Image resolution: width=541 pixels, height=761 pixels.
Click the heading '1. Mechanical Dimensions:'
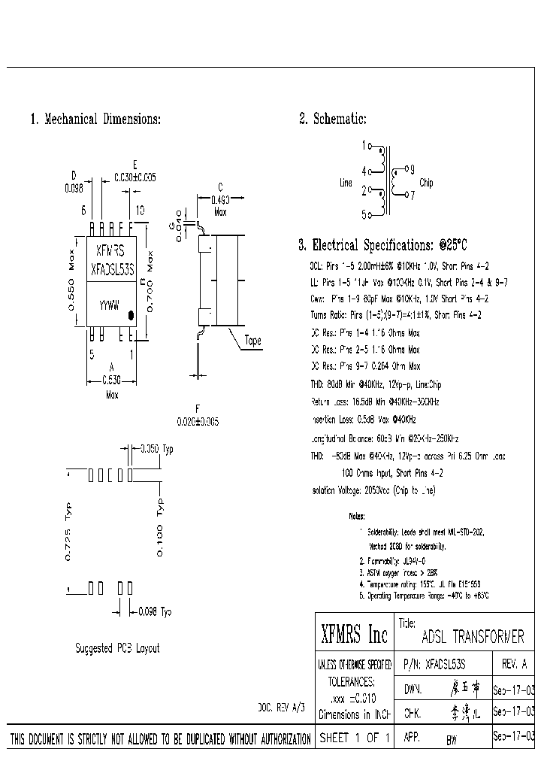tap(95, 119)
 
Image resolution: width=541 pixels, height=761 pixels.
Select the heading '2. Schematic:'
tap(332, 119)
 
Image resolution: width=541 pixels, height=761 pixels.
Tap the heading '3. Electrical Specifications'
tap(382, 245)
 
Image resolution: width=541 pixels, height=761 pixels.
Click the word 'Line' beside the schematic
tap(346, 183)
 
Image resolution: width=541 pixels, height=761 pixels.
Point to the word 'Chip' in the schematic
tap(425, 183)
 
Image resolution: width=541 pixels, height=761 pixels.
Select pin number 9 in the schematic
tap(412, 169)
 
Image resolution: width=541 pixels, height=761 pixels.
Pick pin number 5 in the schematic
tap(364, 215)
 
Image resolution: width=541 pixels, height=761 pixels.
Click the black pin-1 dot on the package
tap(131, 316)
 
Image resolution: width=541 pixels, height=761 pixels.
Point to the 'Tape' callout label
tap(253, 341)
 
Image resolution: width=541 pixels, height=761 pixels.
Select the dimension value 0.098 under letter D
tap(74, 189)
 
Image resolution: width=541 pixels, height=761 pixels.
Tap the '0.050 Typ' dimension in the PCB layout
tap(157, 449)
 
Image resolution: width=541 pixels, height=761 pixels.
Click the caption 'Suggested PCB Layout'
tap(117, 647)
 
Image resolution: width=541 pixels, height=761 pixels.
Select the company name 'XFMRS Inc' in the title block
tap(353, 635)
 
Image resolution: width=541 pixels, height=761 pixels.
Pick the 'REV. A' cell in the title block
tap(513, 664)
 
